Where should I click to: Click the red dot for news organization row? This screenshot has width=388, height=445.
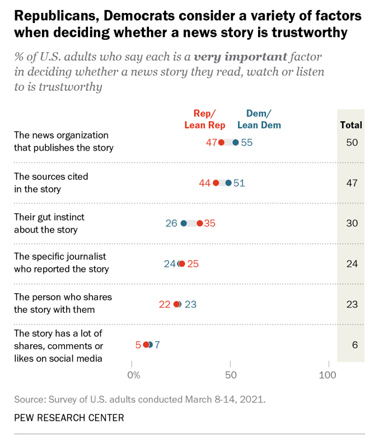[x=222, y=142]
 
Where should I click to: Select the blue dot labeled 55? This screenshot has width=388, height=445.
[x=236, y=142]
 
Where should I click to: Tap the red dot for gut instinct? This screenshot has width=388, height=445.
[x=199, y=223]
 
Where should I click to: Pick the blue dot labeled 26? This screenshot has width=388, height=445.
[x=184, y=223]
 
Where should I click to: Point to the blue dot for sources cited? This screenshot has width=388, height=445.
[x=228, y=183]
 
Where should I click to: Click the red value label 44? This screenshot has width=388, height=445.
[x=205, y=183]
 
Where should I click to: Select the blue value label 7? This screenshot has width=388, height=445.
[x=157, y=345]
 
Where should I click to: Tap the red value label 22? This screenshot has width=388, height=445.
[x=165, y=304]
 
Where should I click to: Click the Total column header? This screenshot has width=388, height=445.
[x=351, y=125]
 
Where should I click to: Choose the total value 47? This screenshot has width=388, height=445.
[x=351, y=183]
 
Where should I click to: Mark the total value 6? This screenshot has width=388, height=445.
[x=354, y=345]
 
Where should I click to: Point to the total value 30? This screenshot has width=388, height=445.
[x=352, y=223]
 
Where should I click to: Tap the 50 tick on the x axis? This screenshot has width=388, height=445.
[x=230, y=374]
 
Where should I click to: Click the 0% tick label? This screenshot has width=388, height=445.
[x=134, y=374]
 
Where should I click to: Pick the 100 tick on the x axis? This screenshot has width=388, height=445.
[x=327, y=374]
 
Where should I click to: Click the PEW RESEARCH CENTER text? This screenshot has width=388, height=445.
[x=69, y=418]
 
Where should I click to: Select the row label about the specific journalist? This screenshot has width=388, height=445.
[x=60, y=262]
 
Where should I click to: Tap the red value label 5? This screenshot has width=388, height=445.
[x=138, y=345]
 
